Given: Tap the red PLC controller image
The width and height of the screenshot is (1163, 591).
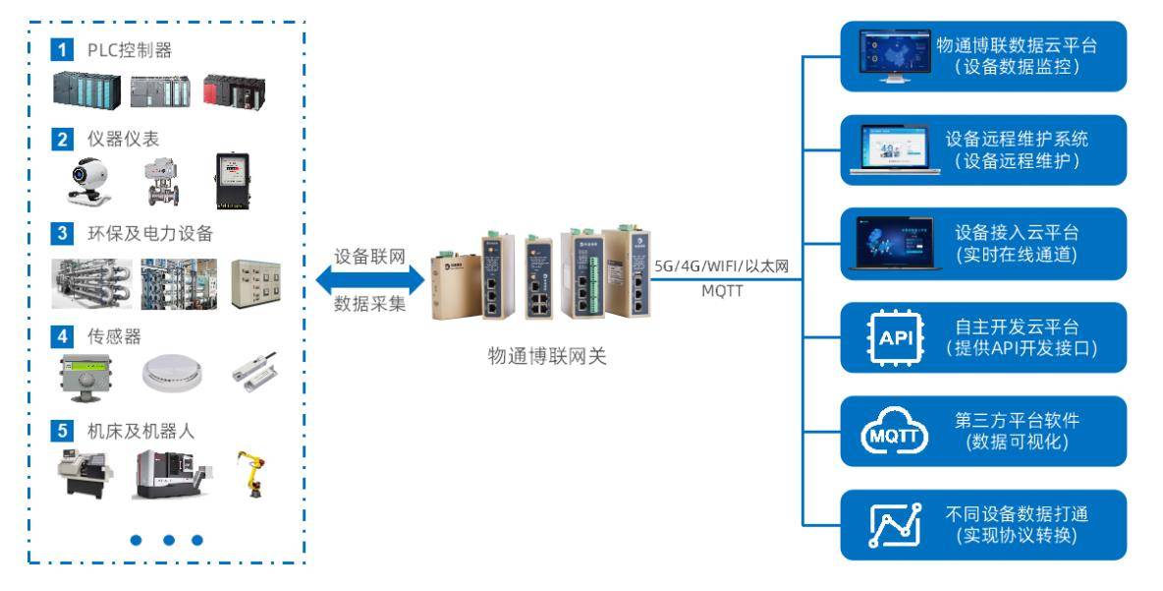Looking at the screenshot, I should point(235,90).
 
